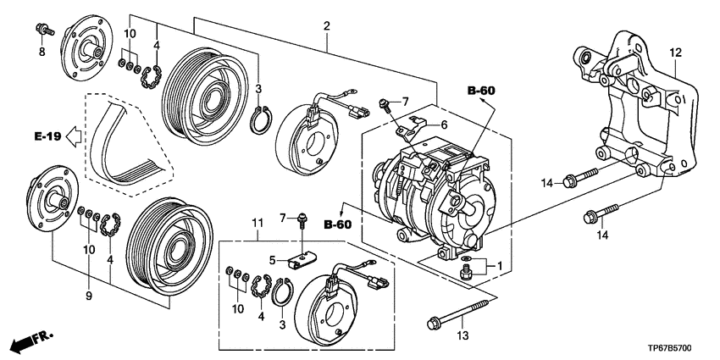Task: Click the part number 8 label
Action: coord(42,52)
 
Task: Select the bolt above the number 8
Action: coord(45,30)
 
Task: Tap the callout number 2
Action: coord(326,25)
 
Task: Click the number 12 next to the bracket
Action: coord(676,53)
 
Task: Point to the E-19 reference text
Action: coord(47,136)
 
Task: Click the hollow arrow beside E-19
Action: coord(74,136)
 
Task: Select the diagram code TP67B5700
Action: coord(672,349)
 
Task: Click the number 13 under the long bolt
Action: coord(462,336)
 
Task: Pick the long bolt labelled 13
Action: coord(462,313)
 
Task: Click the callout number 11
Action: coord(258,224)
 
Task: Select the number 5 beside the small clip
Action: coord(273,261)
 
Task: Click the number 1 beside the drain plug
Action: coord(500,265)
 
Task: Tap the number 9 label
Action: coord(89,296)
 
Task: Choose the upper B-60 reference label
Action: coord(482,91)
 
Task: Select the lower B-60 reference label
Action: coord(338,224)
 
